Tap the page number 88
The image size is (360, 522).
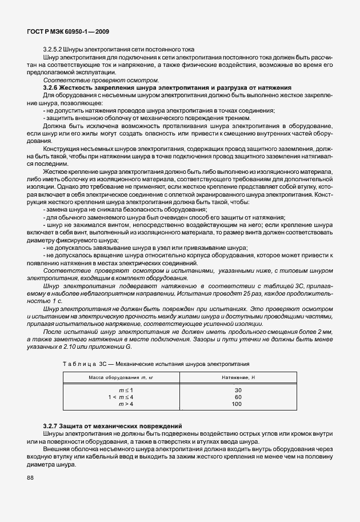(x=30, y=477)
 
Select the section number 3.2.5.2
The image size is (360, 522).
(x=54, y=50)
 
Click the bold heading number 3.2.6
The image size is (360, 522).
(x=53, y=87)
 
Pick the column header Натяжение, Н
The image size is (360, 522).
(x=238, y=378)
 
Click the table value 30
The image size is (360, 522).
(x=238, y=390)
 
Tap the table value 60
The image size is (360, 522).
(x=238, y=397)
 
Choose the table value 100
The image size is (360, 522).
(x=237, y=404)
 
